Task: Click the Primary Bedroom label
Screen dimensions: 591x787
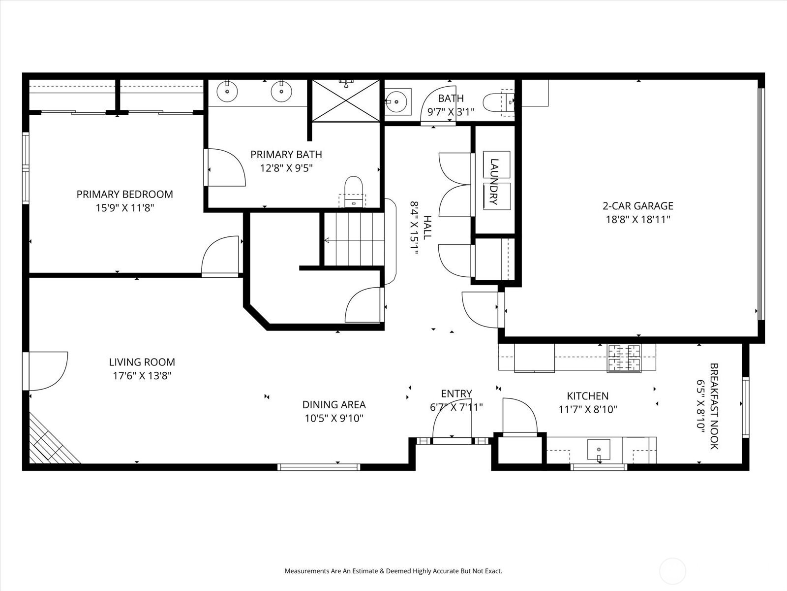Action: click(124, 194)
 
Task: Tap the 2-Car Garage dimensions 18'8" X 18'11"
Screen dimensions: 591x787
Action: click(638, 220)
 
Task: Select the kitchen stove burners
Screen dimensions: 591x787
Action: click(625, 358)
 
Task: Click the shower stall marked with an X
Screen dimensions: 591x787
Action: click(346, 100)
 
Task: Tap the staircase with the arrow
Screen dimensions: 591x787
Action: click(353, 240)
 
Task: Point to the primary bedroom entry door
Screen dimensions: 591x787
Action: click(221, 256)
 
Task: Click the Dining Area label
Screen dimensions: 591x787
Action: click(334, 405)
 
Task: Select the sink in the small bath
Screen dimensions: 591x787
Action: click(397, 102)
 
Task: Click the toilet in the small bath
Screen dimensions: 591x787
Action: click(497, 103)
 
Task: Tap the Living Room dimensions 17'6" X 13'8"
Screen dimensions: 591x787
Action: click(142, 376)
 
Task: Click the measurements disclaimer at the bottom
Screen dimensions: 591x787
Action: click(393, 571)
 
